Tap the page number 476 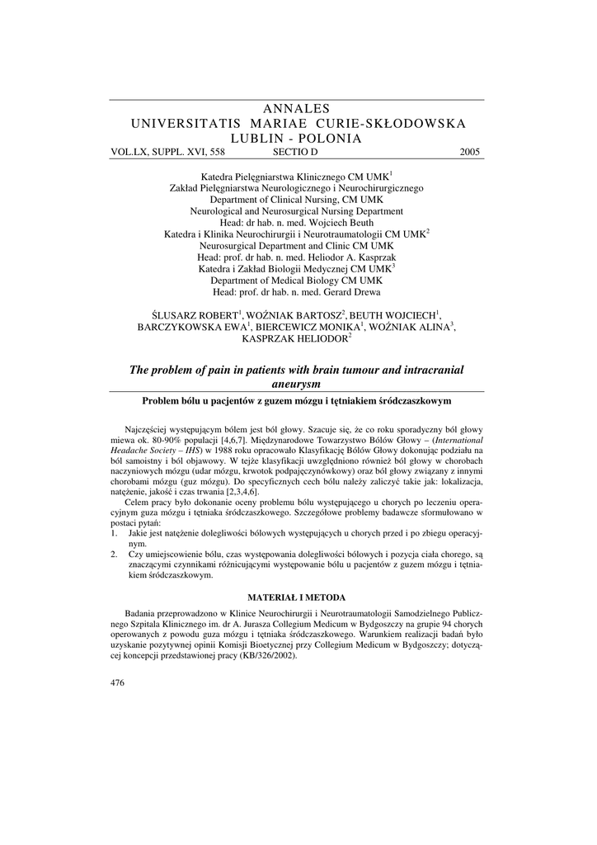tap(117, 683)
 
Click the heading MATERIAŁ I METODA tap(298, 597)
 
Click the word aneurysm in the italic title tap(298, 385)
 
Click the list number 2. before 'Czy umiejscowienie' tap(114, 555)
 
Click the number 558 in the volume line tap(217, 152)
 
